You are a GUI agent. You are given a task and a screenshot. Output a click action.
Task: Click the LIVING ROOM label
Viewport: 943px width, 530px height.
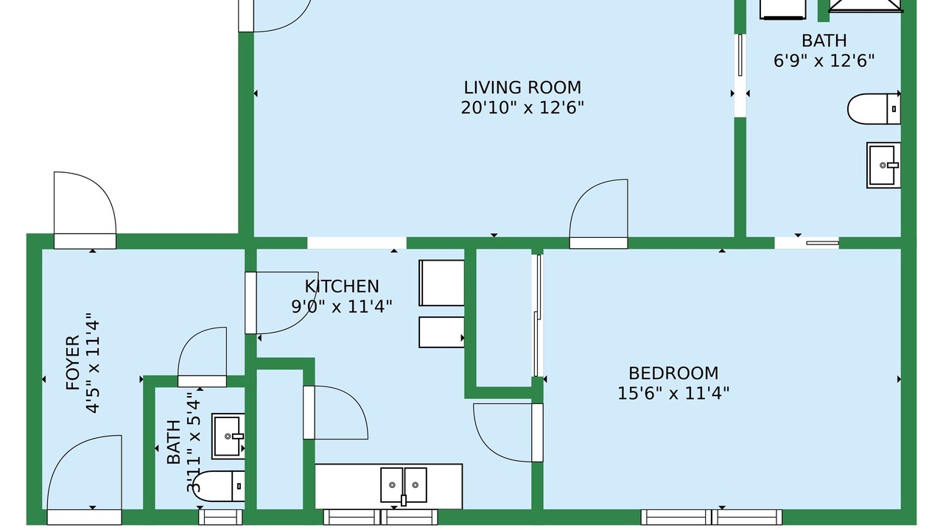(x=522, y=88)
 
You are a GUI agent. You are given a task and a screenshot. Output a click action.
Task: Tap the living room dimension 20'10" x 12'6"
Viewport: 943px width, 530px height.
(x=522, y=108)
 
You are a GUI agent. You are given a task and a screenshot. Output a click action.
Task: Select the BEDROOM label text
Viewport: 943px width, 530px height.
(x=673, y=373)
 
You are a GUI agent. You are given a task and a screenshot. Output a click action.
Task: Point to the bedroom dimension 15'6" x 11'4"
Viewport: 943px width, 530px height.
(x=673, y=394)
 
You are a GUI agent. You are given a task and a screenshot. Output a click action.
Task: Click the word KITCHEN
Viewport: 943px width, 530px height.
(x=342, y=286)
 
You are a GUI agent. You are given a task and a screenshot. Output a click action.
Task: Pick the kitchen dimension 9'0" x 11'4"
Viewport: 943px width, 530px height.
(x=342, y=307)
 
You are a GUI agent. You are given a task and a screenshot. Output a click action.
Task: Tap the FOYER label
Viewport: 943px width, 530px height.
(x=73, y=363)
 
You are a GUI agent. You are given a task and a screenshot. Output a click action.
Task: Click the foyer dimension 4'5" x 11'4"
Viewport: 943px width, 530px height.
(x=93, y=363)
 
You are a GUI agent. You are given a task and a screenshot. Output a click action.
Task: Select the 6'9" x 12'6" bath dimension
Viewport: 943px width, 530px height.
(x=824, y=61)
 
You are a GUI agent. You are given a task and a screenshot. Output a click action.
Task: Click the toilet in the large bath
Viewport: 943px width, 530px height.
(x=874, y=109)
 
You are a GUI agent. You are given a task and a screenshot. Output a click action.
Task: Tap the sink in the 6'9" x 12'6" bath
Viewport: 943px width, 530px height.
(x=883, y=166)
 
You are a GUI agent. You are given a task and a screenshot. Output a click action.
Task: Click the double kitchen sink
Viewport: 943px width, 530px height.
(x=403, y=485)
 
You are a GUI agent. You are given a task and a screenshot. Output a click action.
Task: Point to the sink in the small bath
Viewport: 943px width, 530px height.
(x=228, y=437)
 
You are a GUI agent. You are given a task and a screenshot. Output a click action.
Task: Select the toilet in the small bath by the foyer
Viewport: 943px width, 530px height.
(x=219, y=487)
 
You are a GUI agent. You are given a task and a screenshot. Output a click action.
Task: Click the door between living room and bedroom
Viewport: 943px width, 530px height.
(x=599, y=213)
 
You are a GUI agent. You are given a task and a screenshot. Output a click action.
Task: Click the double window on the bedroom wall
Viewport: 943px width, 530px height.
(x=712, y=517)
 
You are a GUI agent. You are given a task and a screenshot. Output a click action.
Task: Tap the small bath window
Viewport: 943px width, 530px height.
(x=220, y=517)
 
